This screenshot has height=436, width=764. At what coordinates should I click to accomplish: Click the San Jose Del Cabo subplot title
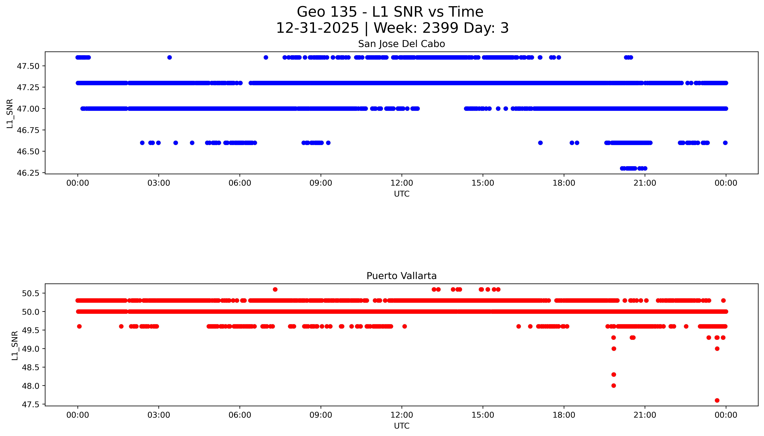point(401,44)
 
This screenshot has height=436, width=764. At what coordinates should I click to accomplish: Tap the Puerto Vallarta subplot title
point(401,276)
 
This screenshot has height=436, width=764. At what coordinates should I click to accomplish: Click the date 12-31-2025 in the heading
point(317,28)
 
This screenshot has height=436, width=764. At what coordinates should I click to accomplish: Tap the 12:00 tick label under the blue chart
point(402,183)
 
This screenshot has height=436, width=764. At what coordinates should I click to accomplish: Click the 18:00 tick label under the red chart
point(564,415)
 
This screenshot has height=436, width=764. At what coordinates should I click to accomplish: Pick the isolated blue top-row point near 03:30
point(170,58)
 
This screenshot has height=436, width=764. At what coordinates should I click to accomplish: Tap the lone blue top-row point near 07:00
point(266,58)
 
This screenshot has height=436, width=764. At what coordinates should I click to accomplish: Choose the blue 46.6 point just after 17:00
point(540,143)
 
